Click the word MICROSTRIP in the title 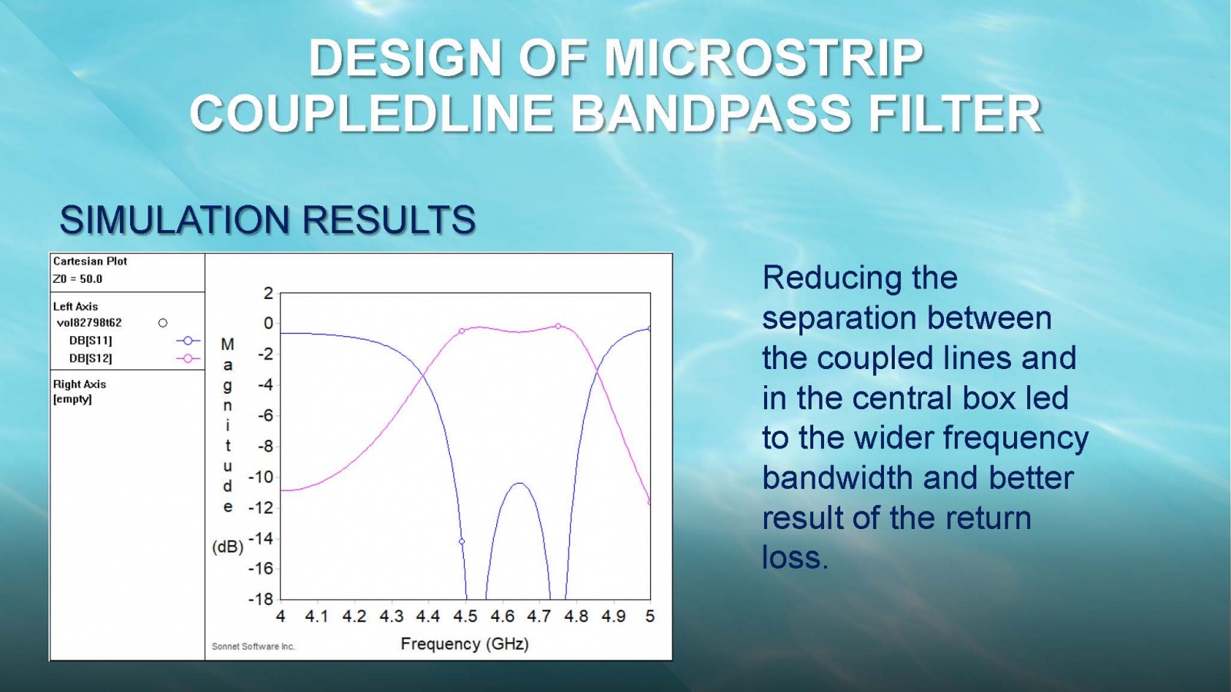point(764,58)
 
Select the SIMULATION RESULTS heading point(268,220)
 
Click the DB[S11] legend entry point(91,341)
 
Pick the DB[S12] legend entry point(91,358)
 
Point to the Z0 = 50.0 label point(78,279)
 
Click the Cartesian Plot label point(89,261)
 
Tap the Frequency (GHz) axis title point(465,644)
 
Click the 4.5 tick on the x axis point(465,616)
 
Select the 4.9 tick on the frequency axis point(612,616)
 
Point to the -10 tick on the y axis point(261,477)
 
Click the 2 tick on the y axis point(269,293)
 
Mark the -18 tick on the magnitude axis point(261,599)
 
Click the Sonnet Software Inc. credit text point(253,647)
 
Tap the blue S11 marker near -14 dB point(462,541)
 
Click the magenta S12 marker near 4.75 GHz point(559,326)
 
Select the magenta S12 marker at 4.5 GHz point(462,331)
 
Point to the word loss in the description point(795,557)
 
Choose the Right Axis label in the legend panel point(79,384)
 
